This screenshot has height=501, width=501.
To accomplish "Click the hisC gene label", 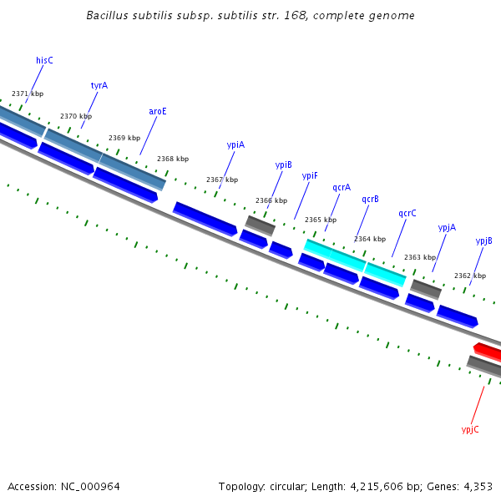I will coord(44,60).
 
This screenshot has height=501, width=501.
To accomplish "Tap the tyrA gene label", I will coord(99,85).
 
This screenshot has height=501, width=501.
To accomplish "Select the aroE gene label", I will coord(158,111).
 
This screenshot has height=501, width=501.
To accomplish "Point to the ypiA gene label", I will coord(235,144).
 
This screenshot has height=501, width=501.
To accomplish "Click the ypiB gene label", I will coord(284,164).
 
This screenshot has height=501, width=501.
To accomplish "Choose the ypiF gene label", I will coord(310,175).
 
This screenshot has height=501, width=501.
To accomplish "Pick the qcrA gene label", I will coord(342,188).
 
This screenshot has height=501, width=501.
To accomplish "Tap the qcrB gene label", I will coord(370,199).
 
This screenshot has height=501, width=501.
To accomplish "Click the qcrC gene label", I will coord(407,213).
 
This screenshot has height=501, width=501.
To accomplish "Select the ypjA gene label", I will coord(447,227).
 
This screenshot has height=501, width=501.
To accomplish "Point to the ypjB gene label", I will coord(483,240).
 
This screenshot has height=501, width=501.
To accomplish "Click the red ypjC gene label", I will coord(470,429).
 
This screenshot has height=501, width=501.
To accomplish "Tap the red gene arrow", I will coord(488,351).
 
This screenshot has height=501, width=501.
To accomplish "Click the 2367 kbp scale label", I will coord(222,180).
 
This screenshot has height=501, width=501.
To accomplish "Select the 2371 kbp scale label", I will coord(28,94).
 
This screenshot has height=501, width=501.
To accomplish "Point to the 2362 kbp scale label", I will coord(469,276).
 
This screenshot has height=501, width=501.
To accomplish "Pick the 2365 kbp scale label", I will coord(321,220).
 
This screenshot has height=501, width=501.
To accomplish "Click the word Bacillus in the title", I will coord(108,16).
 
